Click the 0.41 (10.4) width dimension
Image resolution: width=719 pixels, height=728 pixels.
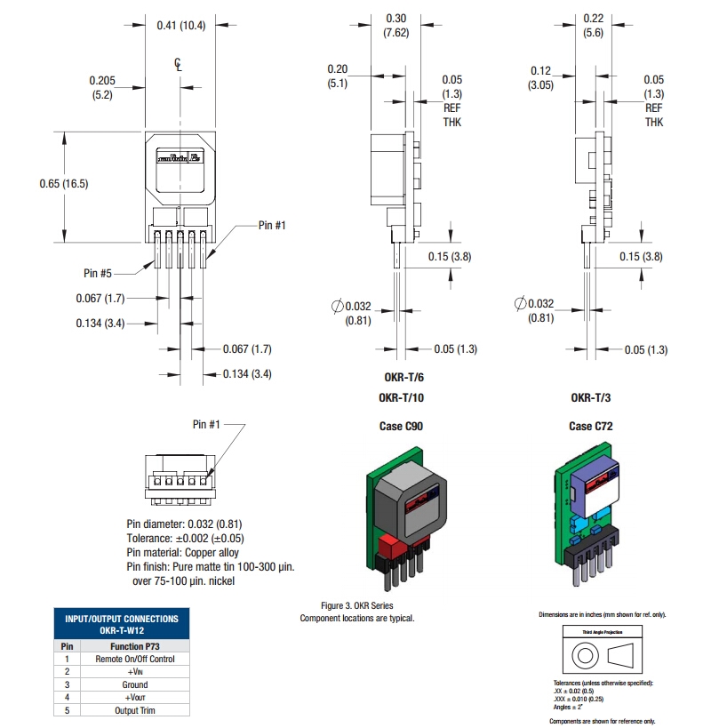tap(180, 25)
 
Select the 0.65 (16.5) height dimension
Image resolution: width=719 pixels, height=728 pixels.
tap(63, 183)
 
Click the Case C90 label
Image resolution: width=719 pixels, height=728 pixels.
tap(401, 427)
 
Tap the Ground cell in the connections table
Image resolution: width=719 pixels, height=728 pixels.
tap(135, 684)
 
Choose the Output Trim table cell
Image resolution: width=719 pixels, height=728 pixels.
tap(135, 709)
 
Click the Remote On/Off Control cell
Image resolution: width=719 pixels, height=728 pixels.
tap(135, 659)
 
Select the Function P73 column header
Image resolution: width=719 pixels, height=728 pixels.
tap(135, 646)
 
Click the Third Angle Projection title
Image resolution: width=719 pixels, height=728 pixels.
tap(603, 632)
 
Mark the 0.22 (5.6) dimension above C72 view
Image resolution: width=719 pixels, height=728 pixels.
tap(593, 25)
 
